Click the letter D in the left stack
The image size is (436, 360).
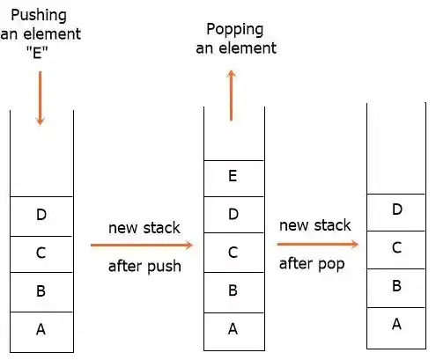[x=41, y=215]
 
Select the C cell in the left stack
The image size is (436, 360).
[x=41, y=253]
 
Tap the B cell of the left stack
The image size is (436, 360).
[x=41, y=291]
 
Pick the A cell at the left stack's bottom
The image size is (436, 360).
[x=41, y=329]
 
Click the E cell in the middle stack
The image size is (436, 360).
[x=233, y=175]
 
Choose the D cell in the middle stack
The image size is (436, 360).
[x=233, y=214]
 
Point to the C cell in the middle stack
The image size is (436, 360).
[x=233, y=252]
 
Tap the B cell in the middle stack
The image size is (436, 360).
[x=233, y=290]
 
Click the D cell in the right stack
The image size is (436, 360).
[x=396, y=209]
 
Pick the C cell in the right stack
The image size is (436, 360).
[x=396, y=248]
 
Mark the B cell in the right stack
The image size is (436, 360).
[x=396, y=286]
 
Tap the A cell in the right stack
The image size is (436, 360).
[x=396, y=324]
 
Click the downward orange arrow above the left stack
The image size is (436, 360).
[x=40, y=98]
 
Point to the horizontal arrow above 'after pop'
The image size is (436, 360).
[x=318, y=244]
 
